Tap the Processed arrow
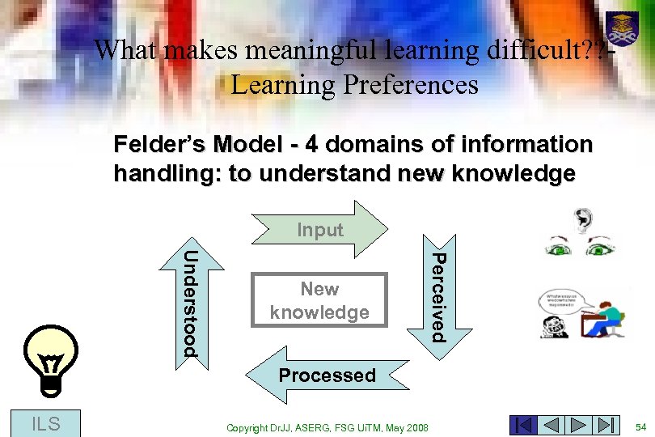pos(327,375)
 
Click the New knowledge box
pos(319,300)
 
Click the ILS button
pos(45,422)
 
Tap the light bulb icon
pos(51,361)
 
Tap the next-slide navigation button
pos(579,425)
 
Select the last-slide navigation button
pos(606,425)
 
